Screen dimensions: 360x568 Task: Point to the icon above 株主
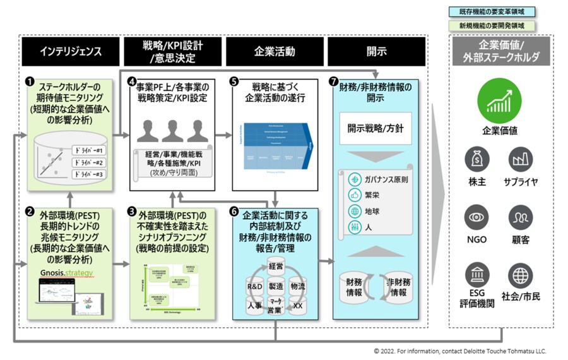click(476, 160)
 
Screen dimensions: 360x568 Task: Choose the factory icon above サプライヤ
click(521, 160)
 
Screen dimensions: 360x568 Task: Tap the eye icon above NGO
click(476, 218)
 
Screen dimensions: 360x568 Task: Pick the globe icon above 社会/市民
click(521, 276)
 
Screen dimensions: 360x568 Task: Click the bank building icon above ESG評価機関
click(476, 276)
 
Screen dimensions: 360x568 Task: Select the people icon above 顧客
click(521, 218)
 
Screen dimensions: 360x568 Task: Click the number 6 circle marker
click(235, 213)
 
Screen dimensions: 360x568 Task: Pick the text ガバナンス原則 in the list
click(386, 179)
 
